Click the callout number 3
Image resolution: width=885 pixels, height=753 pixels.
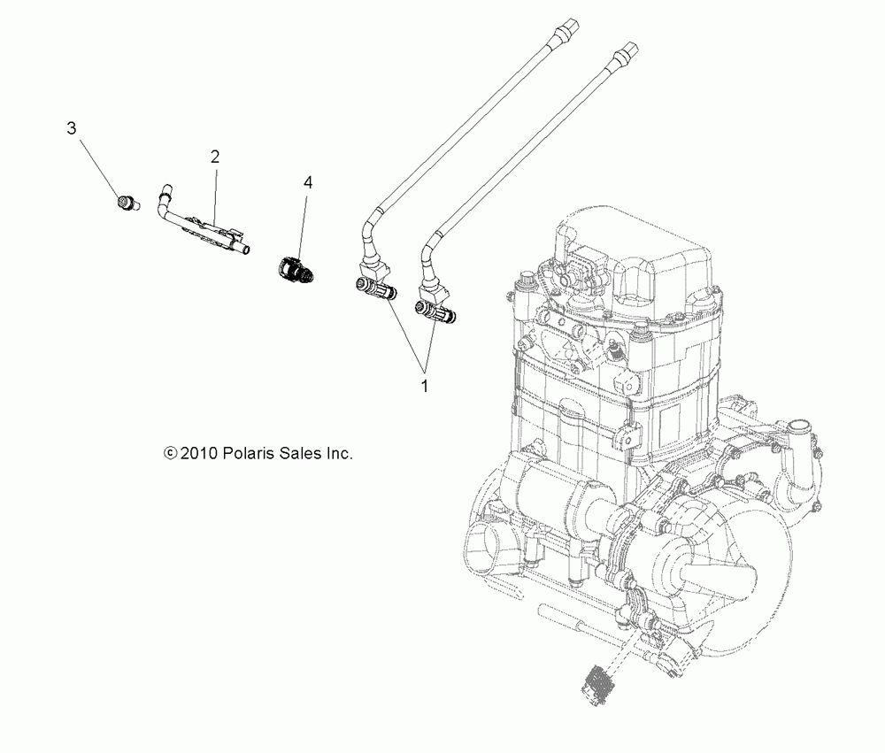(72, 128)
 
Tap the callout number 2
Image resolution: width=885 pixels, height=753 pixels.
(214, 157)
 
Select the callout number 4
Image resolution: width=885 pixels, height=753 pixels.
(308, 182)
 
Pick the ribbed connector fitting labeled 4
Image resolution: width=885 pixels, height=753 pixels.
(294, 269)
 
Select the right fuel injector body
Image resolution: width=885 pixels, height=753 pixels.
(433, 310)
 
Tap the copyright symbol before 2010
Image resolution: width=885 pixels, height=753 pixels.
(170, 453)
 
